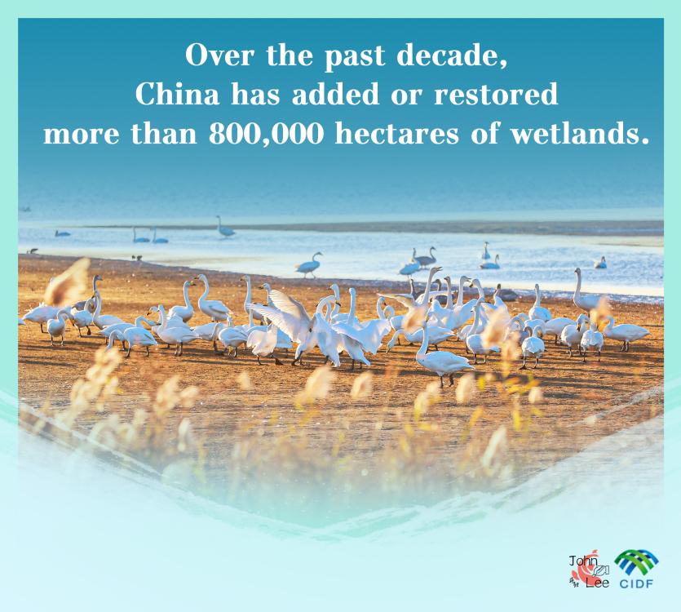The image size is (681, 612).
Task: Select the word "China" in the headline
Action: click(177, 94)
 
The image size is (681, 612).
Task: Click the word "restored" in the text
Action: click(496, 94)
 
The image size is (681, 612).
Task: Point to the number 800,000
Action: click(266, 134)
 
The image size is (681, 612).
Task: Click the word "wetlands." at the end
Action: click(580, 133)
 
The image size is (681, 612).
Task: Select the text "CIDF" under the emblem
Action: click(636, 583)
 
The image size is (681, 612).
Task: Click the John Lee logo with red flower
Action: click(590, 569)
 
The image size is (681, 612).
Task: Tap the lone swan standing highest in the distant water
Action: click(225, 227)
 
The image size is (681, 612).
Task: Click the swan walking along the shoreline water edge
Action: click(309, 264)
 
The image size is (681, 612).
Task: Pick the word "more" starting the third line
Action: click(81, 135)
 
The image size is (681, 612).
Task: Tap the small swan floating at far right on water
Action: click(600, 263)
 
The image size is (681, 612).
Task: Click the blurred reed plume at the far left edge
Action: click(68, 282)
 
